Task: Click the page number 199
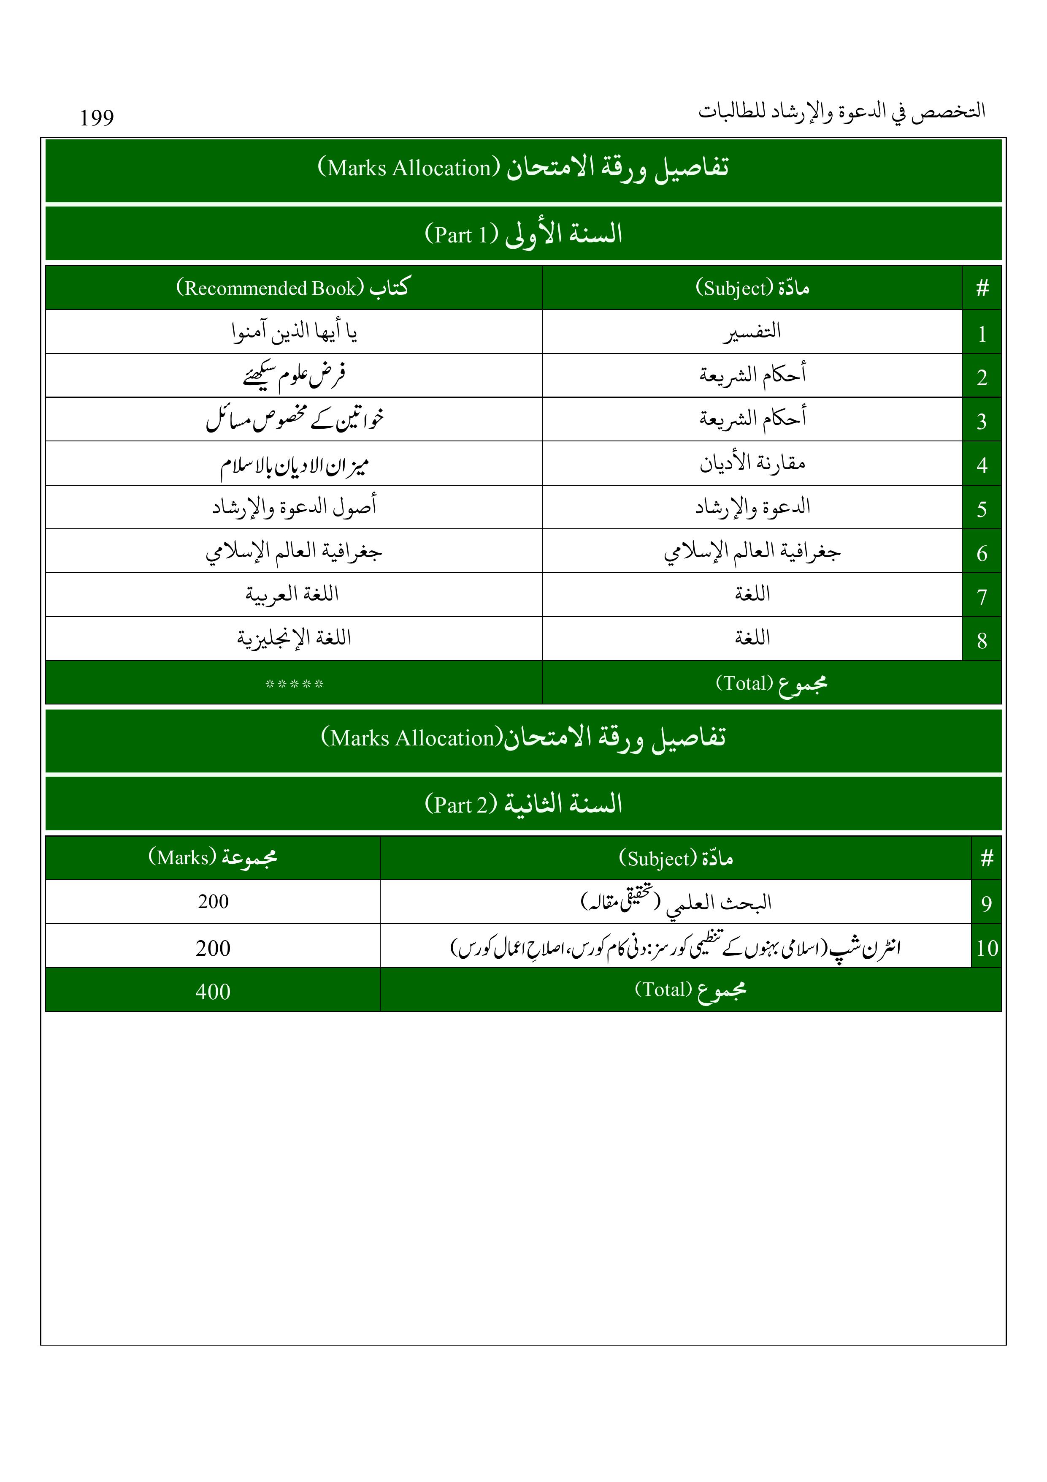(x=97, y=118)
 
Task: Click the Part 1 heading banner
(x=523, y=234)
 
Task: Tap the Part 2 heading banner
(x=523, y=804)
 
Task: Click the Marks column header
(x=212, y=858)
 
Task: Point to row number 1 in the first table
(x=981, y=333)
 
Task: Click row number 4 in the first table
(x=981, y=465)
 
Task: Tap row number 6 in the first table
(x=981, y=552)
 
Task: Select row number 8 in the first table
(x=981, y=640)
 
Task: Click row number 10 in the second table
(x=986, y=948)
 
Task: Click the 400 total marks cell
(x=212, y=991)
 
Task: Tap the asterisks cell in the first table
(x=294, y=683)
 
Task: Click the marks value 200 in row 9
(x=213, y=902)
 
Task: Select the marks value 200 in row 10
(x=212, y=948)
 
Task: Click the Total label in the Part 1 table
(x=771, y=683)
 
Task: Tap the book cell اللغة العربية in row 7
(x=292, y=594)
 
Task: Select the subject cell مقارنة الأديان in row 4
(x=752, y=463)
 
